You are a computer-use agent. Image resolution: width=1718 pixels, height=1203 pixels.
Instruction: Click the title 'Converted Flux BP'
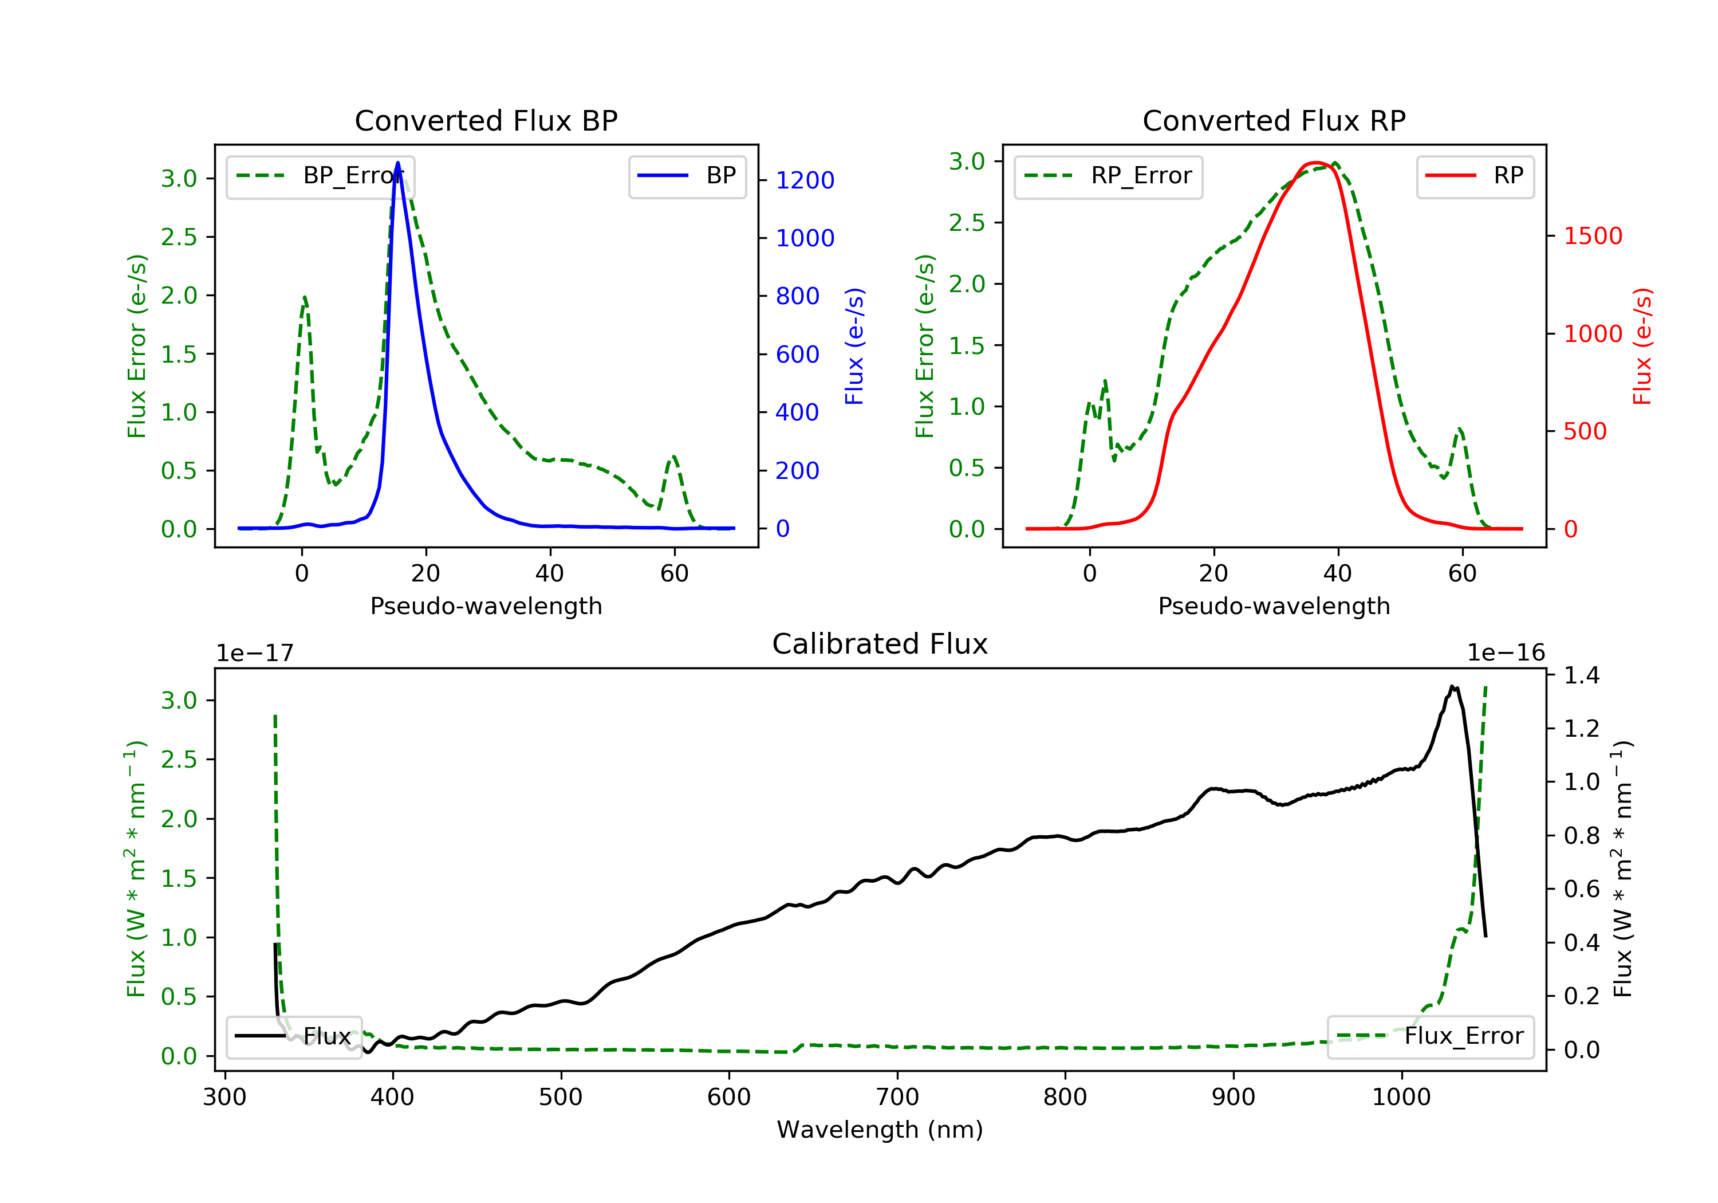pos(486,120)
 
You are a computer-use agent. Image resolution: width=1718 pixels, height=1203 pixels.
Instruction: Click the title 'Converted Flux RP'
pos(1274,120)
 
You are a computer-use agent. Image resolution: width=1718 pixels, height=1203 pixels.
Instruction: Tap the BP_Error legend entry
pos(320,176)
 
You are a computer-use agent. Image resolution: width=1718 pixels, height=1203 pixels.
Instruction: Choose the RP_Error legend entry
pos(1108,176)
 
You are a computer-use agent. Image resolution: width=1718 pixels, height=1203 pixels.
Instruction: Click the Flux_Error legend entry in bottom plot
pos(1430,1036)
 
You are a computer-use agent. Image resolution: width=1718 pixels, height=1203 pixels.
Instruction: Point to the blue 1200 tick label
pos(805,180)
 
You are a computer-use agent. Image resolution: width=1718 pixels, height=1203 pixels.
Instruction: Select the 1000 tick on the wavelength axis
pos(1401,1098)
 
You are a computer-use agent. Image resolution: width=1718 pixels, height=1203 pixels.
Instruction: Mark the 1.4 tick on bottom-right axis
pos(1581,675)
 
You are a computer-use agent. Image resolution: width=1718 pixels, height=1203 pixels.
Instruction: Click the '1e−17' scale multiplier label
pos(254,654)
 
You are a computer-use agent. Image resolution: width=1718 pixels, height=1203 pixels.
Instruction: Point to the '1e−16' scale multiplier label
pos(1506,654)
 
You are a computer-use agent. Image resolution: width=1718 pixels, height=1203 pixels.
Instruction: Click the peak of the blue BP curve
pos(397,163)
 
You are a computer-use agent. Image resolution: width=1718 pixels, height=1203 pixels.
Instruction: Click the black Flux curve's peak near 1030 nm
pos(1452,686)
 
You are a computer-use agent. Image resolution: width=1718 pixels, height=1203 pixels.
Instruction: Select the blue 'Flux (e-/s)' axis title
pos(854,346)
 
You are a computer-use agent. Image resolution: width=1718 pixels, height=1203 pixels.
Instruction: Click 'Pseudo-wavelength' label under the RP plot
pos(1274,606)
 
